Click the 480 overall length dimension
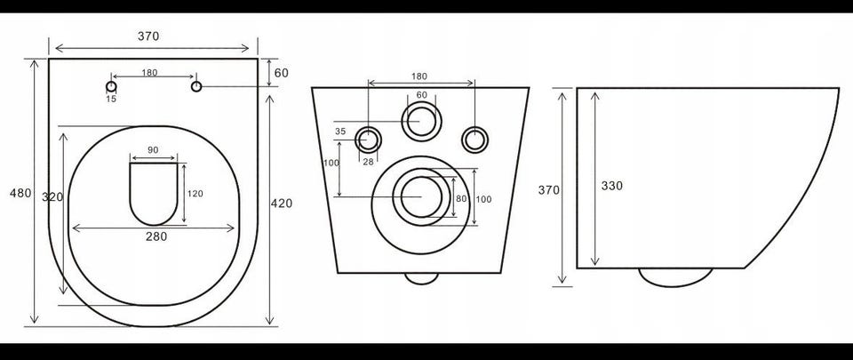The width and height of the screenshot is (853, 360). (20, 193)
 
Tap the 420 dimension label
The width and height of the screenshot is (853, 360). (282, 204)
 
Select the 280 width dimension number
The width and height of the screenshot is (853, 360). (156, 236)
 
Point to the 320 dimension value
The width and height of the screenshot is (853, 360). (52, 197)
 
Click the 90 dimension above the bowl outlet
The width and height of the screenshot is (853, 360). (153, 150)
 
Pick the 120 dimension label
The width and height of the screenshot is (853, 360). (195, 194)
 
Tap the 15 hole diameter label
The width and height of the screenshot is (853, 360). (111, 99)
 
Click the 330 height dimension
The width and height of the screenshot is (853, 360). (612, 186)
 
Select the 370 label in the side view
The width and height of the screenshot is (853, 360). (548, 190)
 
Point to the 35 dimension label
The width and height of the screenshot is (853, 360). (340, 131)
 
